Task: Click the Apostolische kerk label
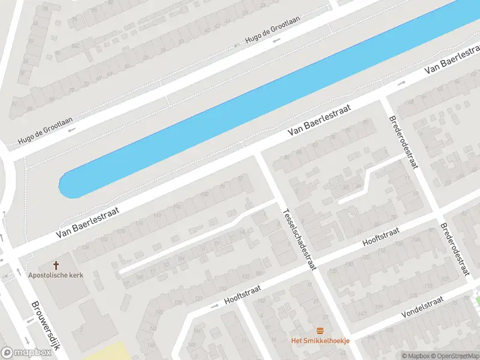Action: (55, 275)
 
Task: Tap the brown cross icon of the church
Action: (56, 265)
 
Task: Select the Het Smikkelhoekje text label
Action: (320, 341)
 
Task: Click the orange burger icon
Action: (320, 331)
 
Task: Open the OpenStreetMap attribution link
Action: (455, 356)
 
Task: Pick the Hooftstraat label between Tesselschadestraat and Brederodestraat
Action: (380, 237)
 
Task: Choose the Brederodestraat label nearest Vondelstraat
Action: (454, 250)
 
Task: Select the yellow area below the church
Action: (108, 352)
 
